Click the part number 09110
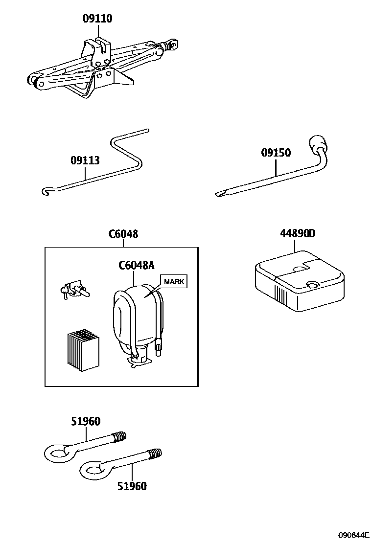(x=97, y=19)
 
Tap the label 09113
(x=85, y=160)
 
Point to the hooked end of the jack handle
(x=46, y=190)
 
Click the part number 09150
(x=275, y=153)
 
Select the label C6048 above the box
(x=123, y=234)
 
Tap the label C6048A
(x=136, y=266)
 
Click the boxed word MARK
(x=174, y=281)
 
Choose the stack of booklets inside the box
(x=83, y=350)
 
